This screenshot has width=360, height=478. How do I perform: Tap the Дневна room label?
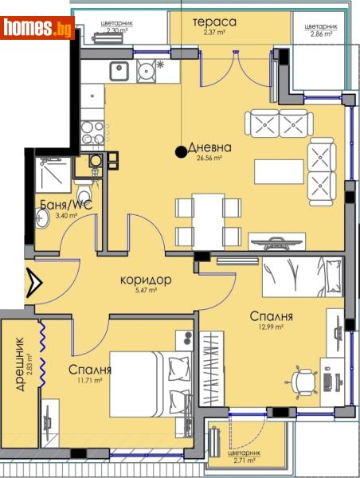(210, 147)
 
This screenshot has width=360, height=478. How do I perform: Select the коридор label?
(147, 280)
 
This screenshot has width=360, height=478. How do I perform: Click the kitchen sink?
(119, 70)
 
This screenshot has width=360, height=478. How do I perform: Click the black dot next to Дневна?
(182, 148)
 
